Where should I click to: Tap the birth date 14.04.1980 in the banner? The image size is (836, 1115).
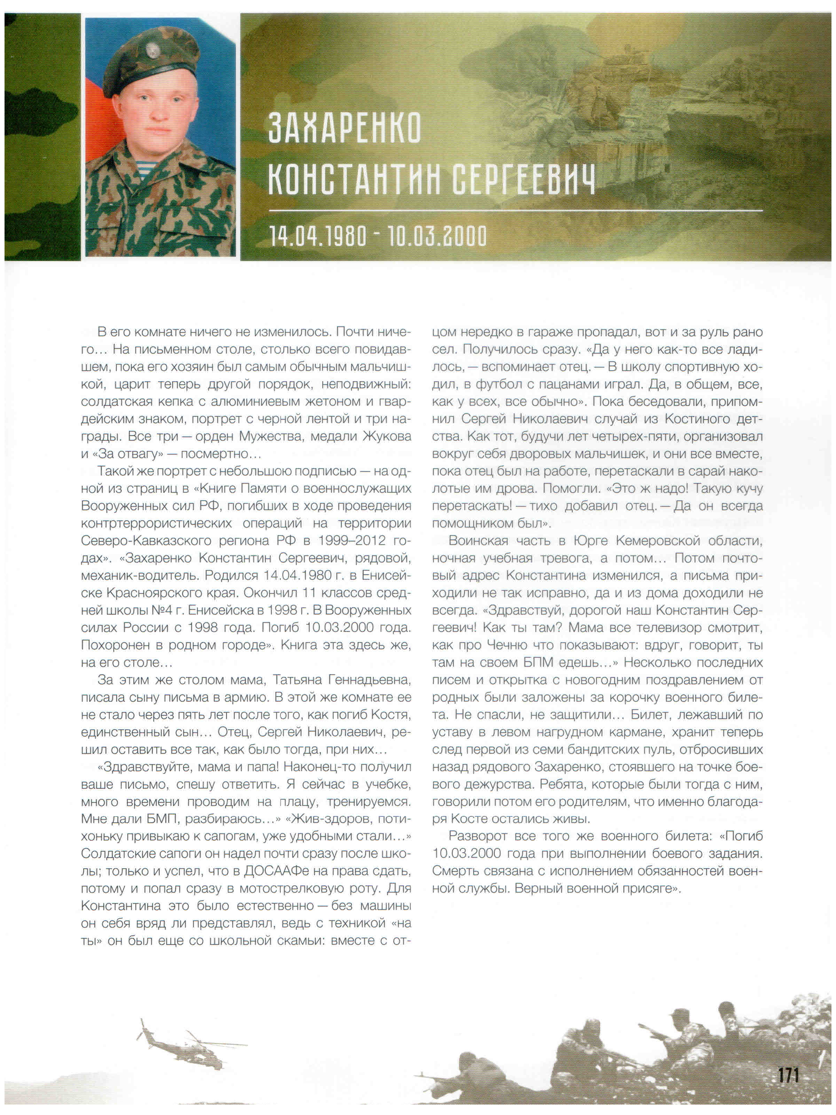(318, 236)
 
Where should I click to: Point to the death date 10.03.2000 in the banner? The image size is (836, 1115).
(436, 236)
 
